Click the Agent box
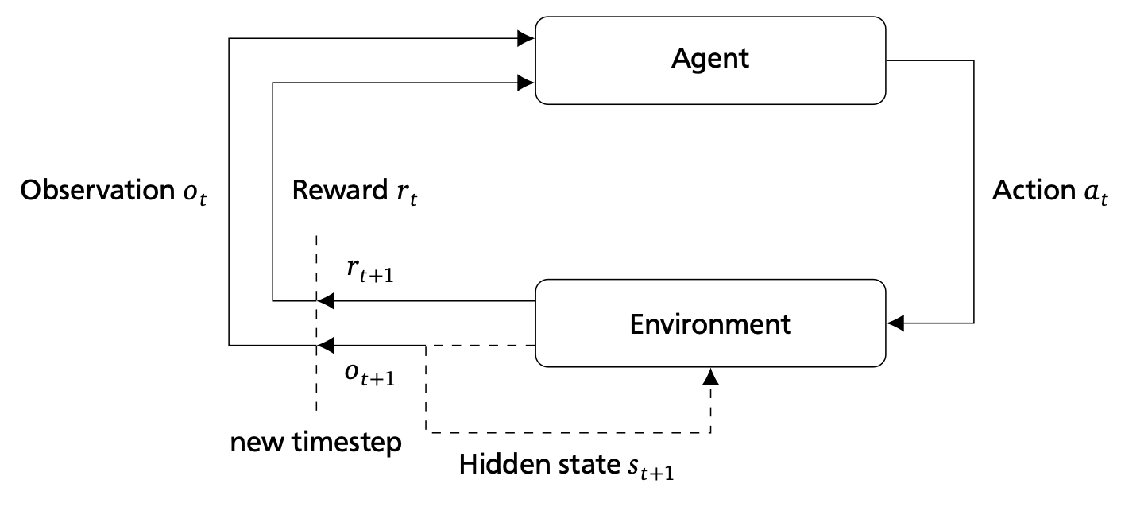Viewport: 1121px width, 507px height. (710, 60)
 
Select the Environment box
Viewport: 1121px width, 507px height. (710, 323)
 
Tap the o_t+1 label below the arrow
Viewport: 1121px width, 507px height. (370, 376)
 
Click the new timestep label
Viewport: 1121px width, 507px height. (315, 442)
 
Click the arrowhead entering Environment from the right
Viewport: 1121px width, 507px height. (896, 323)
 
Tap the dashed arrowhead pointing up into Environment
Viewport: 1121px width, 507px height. (710, 376)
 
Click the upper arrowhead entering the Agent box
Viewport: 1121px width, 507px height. (525, 38)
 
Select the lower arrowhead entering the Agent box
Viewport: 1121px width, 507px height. (525, 81)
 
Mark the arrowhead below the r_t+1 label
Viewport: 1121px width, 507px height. (326, 301)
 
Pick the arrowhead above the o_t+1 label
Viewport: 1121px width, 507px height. (326, 345)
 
